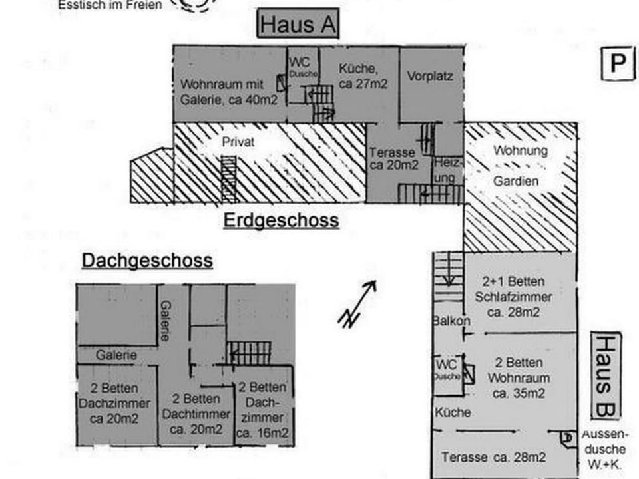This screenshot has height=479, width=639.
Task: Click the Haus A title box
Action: click(x=298, y=25)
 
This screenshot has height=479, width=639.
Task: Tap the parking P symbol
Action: click(x=616, y=65)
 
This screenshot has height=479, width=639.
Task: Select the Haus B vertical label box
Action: click(x=606, y=375)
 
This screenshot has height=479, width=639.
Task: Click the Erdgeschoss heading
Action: click(x=281, y=220)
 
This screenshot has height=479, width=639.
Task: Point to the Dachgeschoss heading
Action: click(x=147, y=261)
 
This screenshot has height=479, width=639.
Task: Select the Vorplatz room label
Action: click(x=430, y=77)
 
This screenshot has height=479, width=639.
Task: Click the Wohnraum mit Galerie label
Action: click(x=222, y=92)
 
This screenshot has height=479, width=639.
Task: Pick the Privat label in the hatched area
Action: click(x=238, y=142)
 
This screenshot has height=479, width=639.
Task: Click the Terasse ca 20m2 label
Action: click(x=393, y=158)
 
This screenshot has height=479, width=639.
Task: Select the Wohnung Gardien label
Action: click(x=520, y=165)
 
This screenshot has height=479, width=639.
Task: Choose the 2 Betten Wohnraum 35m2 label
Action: click(x=519, y=377)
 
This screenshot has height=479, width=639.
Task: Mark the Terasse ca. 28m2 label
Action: click(x=494, y=457)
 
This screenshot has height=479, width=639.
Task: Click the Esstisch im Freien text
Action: click(x=110, y=6)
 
